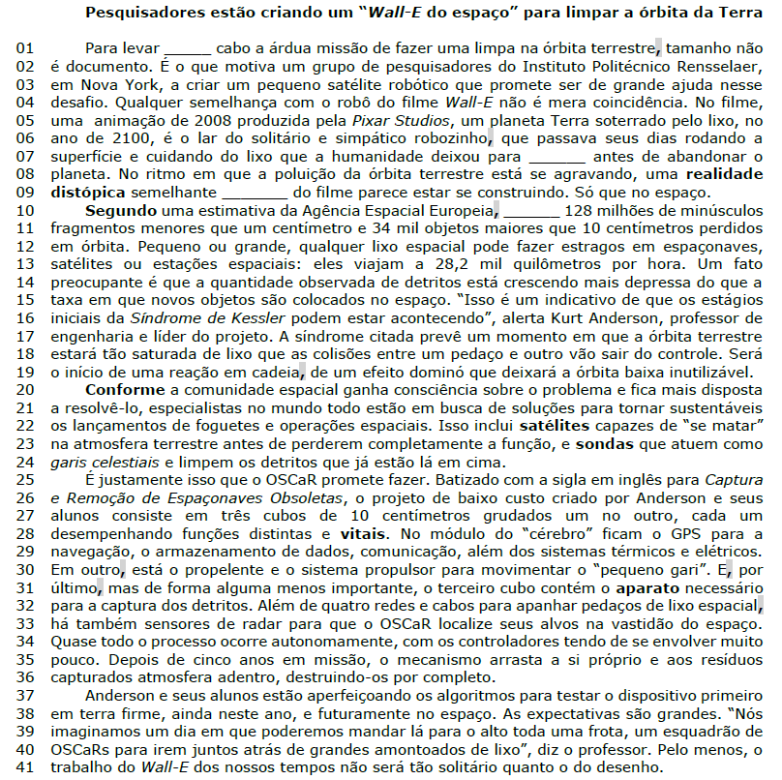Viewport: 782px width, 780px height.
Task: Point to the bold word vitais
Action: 362,532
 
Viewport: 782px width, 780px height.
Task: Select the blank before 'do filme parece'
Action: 248,193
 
